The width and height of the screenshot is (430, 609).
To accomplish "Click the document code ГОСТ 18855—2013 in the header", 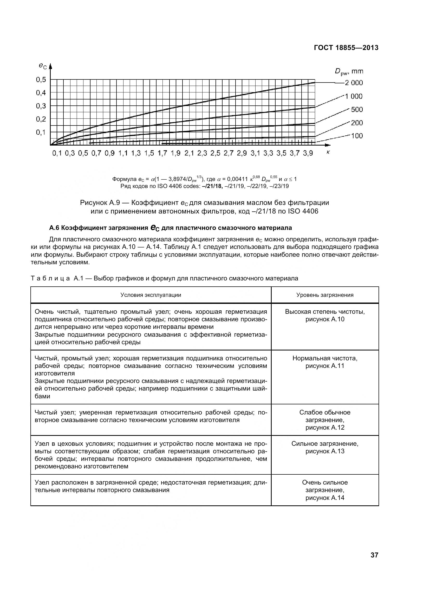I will (x=346, y=48).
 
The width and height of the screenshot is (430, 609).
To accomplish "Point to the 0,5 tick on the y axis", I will (x=41, y=79).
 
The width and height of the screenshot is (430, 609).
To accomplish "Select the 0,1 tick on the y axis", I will (x=41, y=132).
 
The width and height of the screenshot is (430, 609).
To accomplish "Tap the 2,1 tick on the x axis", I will (x=189, y=153).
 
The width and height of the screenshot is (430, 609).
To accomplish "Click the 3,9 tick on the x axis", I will (x=308, y=153).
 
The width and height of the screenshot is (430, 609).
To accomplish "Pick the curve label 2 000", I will (x=354, y=83).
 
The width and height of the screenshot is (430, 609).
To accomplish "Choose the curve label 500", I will (x=357, y=110).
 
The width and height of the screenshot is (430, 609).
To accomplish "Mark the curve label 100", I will (x=357, y=136).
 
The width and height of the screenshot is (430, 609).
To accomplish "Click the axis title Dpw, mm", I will (x=349, y=71).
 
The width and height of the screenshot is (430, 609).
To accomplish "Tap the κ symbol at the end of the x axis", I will (x=328, y=152).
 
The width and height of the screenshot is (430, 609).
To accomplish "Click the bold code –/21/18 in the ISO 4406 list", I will (x=213, y=186).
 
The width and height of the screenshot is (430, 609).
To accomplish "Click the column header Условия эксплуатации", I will (x=151, y=295).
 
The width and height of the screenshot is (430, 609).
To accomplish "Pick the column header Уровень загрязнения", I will (x=325, y=295).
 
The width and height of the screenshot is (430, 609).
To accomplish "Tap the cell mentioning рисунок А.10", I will (x=325, y=315).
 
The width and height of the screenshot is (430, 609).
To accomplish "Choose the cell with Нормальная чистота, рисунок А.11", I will (x=325, y=362).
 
